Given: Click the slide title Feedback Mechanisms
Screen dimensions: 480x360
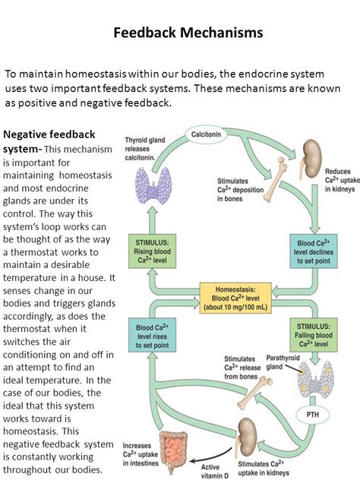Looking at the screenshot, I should (x=188, y=33).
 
